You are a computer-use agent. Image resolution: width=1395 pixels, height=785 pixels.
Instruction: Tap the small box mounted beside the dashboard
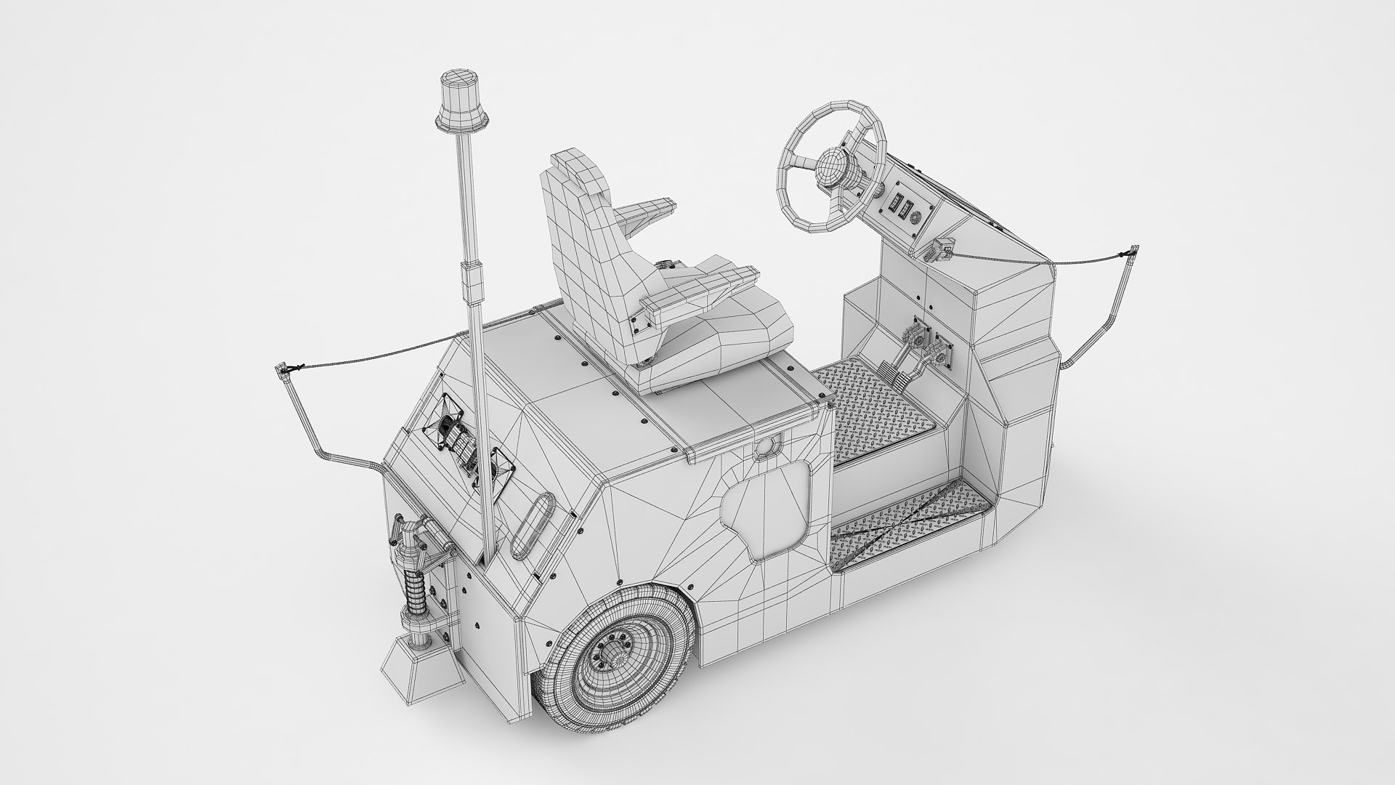[942, 251]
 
